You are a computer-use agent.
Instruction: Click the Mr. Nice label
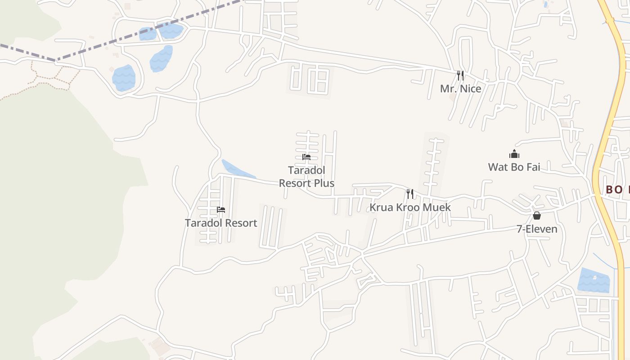(x=460, y=89)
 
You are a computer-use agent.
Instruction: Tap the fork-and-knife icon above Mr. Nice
(x=460, y=75)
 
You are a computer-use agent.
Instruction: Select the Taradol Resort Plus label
(x=306, y=177)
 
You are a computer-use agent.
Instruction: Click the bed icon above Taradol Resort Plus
(x=306, y=157)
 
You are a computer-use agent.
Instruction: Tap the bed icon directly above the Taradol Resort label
(x=221, y=210)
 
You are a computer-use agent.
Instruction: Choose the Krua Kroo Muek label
(x=410, y=207)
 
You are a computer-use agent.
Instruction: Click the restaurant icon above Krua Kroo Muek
(x=410, y=194)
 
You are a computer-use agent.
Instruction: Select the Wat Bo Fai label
(x=514, y=167)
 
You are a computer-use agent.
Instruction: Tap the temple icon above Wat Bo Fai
(x=514, y=154)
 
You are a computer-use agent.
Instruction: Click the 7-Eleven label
(x=537, y=229)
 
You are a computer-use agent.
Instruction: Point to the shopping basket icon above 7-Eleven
(x=537, y=216)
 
